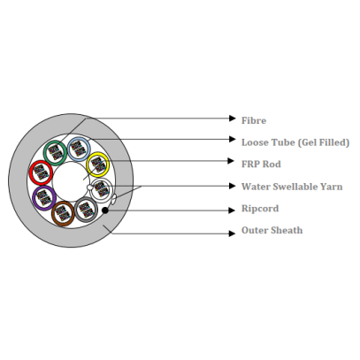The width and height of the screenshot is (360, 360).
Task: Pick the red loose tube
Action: tap(31, 172)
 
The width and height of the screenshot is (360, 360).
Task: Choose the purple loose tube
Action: tap(34, 198)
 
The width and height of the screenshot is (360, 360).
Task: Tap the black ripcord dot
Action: tap(105, 211)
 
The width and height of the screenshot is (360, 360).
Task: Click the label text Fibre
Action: tap(254, 120)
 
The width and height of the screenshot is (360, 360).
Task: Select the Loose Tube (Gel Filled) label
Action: tap(295, 142)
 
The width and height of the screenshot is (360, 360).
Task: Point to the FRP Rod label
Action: tap(261, 165)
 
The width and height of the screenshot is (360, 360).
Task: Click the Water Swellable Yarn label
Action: tap(292, 187)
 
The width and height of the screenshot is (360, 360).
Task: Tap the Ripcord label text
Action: tap(260, 209)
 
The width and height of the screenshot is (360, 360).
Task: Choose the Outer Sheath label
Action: tap(272, 230)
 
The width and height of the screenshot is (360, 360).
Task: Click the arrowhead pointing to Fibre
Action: tap(233, 119)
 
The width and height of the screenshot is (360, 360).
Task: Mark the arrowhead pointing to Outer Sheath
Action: tap(233, 234)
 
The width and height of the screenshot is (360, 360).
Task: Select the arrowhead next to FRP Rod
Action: tap(232, 161)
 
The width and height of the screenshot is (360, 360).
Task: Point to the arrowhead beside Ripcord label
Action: tap(232, 211)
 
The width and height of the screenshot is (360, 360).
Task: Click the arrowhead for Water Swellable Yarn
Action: tap(233, 186)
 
